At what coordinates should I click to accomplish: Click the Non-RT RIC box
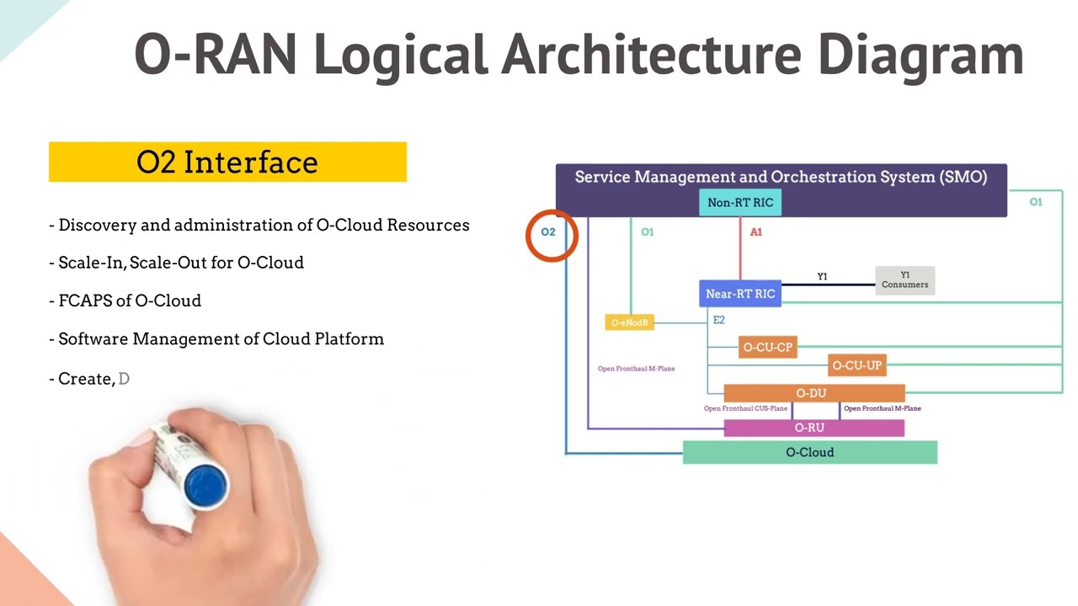740,203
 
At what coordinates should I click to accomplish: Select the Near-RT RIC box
740,294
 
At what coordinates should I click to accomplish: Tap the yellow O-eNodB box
629,322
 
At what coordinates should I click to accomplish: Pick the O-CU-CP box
767,347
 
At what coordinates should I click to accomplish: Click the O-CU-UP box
857,365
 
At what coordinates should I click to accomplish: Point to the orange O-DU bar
814,393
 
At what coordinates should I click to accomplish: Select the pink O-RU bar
814,428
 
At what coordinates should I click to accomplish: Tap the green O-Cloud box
809,452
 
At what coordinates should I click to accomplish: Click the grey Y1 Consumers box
905,280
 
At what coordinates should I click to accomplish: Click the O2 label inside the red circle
548,232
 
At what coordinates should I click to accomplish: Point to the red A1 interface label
755,232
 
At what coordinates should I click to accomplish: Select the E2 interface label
718,320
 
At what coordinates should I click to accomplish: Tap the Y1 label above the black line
822,276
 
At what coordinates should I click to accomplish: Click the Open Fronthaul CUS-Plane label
745,409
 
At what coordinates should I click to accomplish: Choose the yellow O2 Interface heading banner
227,162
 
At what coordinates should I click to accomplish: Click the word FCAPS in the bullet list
84,301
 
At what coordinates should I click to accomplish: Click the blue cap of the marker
206,484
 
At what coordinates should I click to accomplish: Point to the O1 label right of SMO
1035,202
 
